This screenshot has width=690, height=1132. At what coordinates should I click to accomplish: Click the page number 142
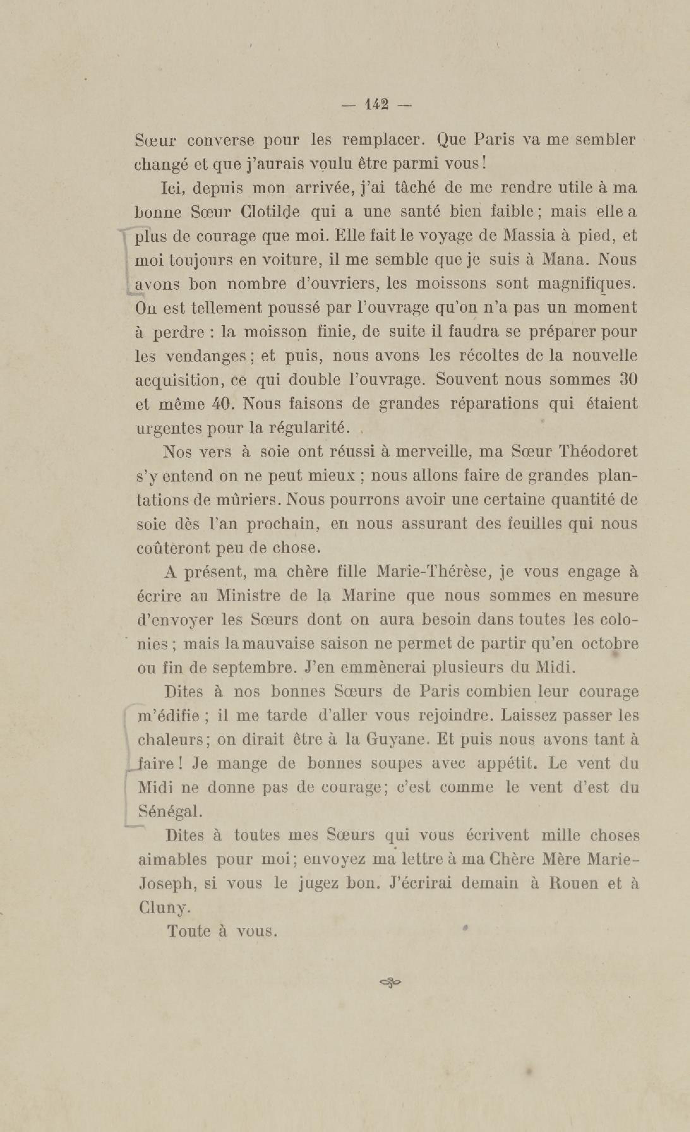click(x=376, y=105)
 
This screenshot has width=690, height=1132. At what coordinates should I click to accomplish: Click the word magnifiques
click(x=587, y=284)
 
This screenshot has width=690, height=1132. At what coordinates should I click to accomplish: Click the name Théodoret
click(x=598, y=451)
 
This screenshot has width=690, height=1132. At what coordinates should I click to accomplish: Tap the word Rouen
click(x=573, y=883)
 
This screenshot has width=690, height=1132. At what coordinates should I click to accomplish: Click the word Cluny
click(x=164, y=907)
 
